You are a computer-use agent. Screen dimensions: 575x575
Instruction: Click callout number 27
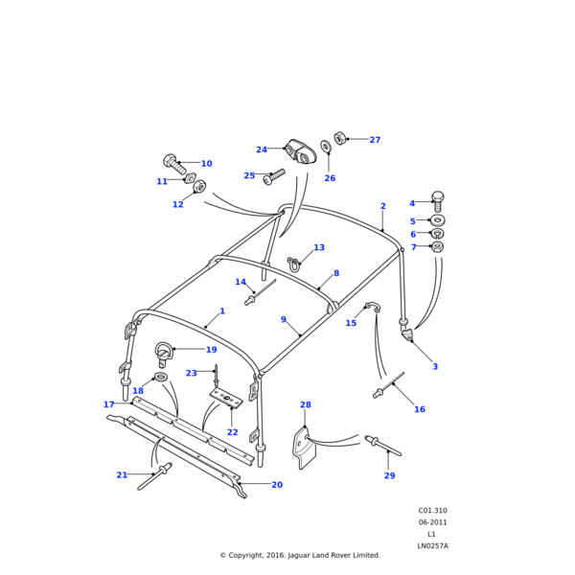(x=375, y=140)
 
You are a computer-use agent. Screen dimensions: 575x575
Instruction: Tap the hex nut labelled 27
(x=340, y=138)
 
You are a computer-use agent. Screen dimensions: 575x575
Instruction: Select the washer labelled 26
(x=326, y=146)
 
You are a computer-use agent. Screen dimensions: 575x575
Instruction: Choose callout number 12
(x=177, y=204)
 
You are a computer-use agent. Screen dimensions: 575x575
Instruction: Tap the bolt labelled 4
(x=438, y=201)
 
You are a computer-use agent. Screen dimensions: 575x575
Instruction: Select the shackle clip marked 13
(x=294, y=262)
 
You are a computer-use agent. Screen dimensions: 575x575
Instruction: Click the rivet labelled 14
(x=253, y=301)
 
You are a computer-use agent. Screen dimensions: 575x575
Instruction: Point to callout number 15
(x=351, y=323)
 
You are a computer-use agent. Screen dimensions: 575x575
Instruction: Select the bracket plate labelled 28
(x=302, y=447)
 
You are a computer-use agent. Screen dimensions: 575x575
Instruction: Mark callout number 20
(x=277, y=485)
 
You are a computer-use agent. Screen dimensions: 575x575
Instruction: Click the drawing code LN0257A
(x=432, y=545)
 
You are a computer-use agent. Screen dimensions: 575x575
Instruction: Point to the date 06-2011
(x=432, y=522)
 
